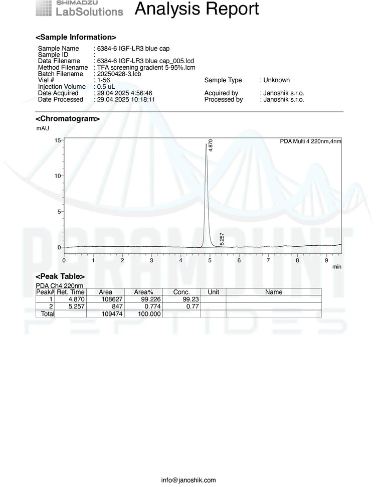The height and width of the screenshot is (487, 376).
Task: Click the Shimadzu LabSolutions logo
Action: (79, 9)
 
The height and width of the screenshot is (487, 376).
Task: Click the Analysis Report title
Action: (197, 9)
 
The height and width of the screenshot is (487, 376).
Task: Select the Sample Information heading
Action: (76, 37)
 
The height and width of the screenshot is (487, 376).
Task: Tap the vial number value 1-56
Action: (103, 80)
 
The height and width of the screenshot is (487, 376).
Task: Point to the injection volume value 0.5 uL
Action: (106, 87)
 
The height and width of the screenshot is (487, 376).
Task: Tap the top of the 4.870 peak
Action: (206, 144)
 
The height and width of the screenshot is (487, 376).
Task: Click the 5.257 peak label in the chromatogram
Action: (222, 239)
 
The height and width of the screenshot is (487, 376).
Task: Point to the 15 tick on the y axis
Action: (58, 140)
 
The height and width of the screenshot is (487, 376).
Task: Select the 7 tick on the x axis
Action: (268, 261)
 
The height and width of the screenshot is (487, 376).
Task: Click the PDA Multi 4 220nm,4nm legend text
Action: (310, 141)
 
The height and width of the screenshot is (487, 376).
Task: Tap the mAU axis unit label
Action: (43, 128)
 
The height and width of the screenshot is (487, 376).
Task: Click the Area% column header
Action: (143, 292)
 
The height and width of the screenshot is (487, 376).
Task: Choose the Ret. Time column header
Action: (71, 292)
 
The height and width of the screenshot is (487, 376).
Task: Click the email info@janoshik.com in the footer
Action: (189, 480)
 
